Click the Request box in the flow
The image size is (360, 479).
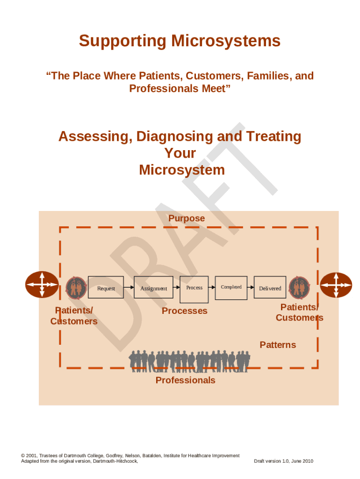(x=106, y=287)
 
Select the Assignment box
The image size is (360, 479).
(x=153, y=287)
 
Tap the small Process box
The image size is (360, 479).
(x=194, y=289)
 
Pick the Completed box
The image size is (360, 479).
(x=231, y=286)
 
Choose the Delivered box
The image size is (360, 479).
(x=270, y=287)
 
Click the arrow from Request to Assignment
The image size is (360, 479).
(x=129, y=288)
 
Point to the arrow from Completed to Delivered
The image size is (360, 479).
(x=250, y=287)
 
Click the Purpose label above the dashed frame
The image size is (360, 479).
(x=186, y=218)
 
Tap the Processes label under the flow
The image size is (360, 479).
(x=184, y=311)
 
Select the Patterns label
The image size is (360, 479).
(x=278, y=345)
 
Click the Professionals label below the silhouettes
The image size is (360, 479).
(x=185, y=380)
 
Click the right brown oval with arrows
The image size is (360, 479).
(x=336, y=285)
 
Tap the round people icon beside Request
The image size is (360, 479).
(x=76, y=288)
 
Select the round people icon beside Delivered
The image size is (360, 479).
(x=299, y=288)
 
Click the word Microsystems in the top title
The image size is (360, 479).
(x=225, y=41)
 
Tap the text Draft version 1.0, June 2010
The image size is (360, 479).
(x=283, y=461)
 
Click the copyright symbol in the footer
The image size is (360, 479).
(x=23, y=456)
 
